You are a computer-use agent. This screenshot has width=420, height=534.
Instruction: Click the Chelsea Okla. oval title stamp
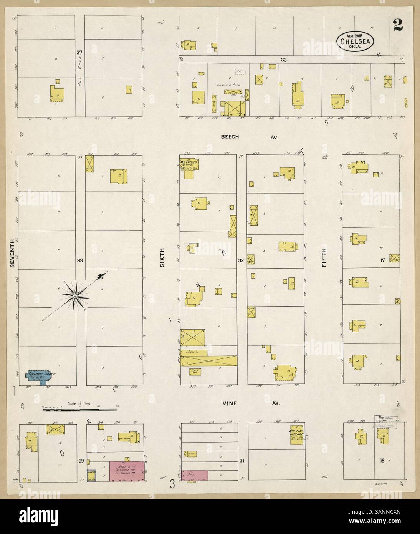point(355,40)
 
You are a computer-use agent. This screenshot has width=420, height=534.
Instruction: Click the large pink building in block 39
point(127,471)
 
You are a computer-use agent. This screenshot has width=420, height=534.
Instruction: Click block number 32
point(241,260)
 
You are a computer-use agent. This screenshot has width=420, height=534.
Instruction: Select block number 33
point(284,60)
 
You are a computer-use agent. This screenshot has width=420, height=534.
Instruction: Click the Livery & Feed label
point(226,85)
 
